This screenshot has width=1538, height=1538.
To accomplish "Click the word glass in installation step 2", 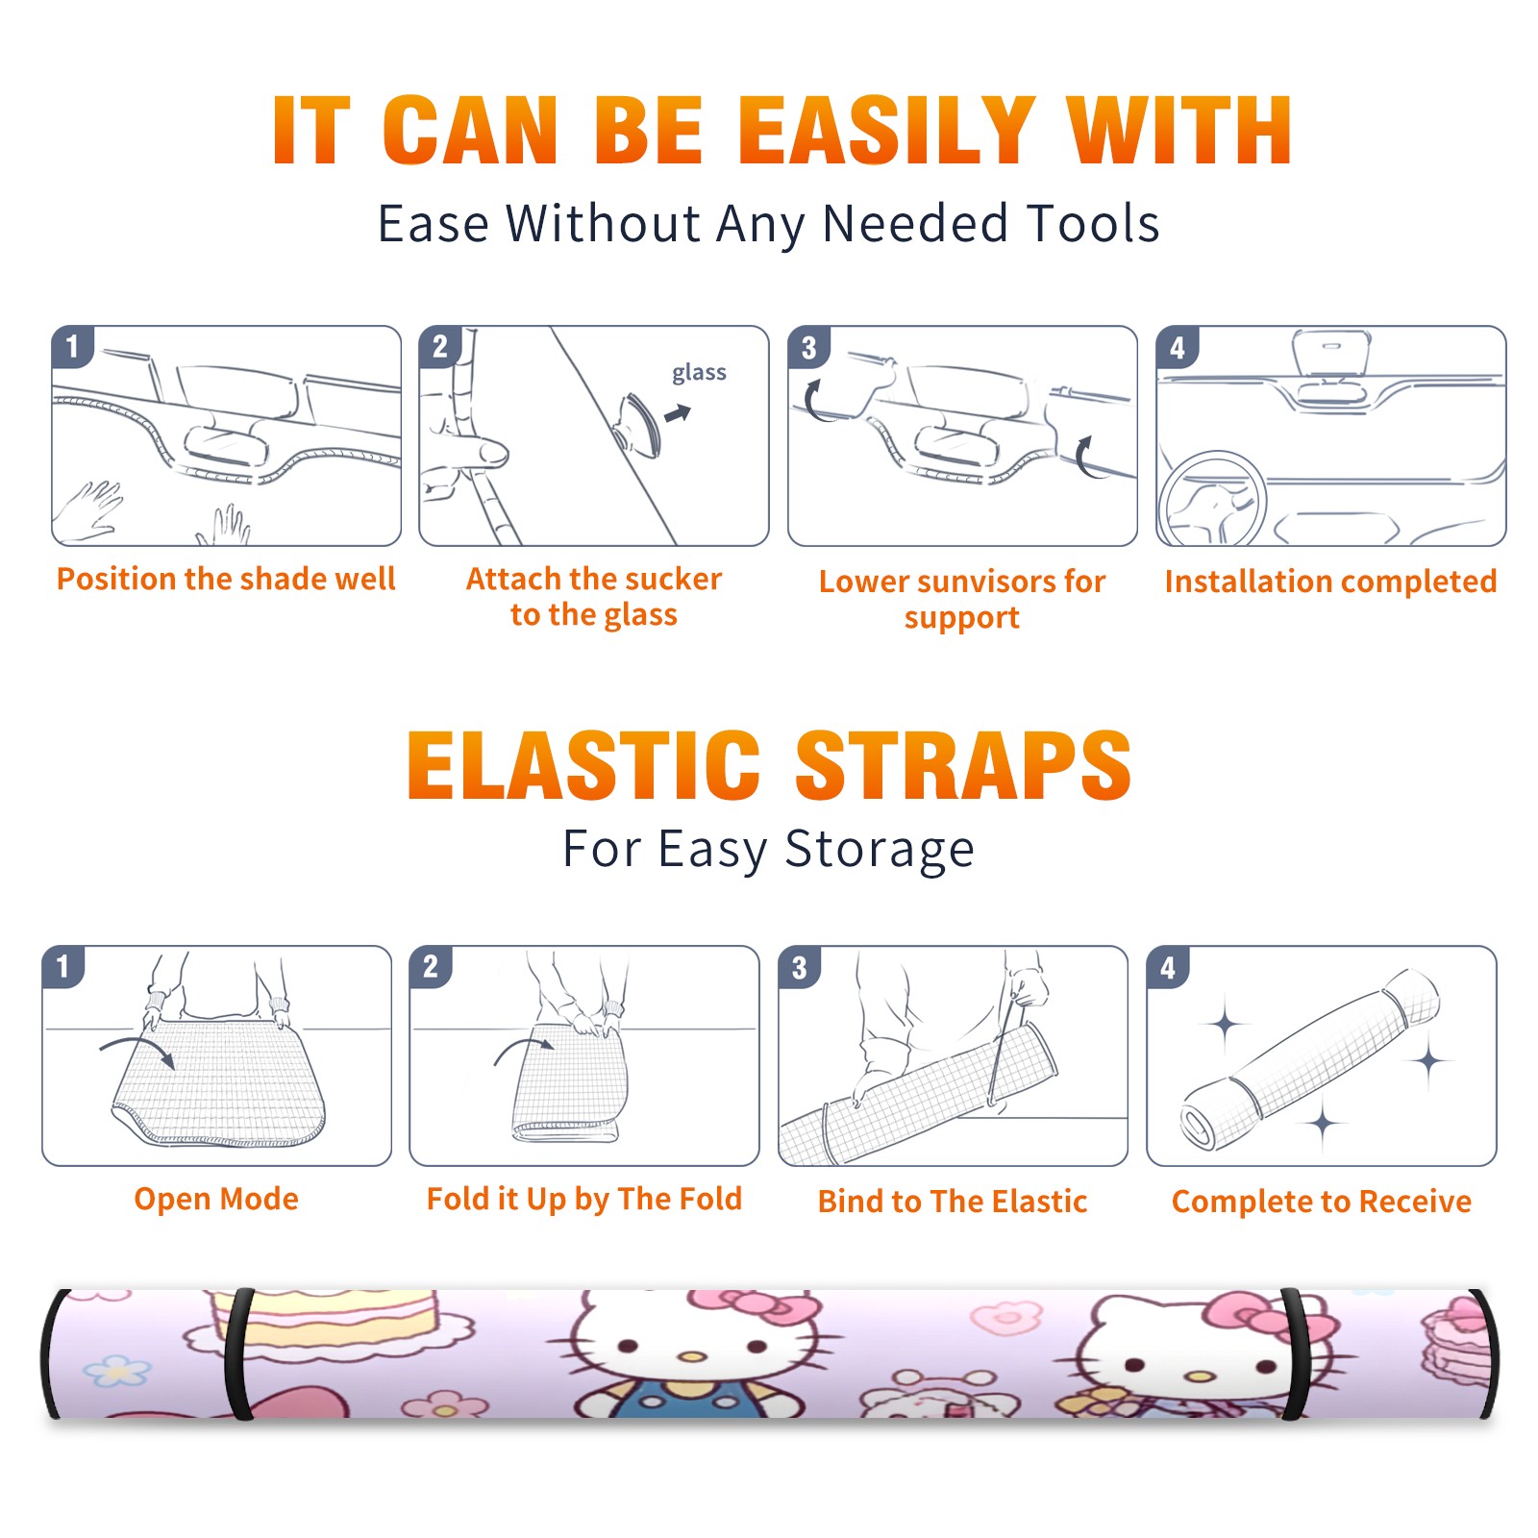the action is tap(699, 373).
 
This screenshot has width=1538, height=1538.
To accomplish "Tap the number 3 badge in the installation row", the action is tap(808, 347).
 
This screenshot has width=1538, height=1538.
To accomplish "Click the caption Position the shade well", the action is tap(226, 579).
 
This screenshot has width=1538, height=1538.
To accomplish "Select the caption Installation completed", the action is tap(1330, 582).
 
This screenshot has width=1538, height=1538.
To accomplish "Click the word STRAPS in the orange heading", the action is tap(963, 765).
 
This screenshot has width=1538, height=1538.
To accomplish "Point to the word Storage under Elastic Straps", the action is tap(880, 850).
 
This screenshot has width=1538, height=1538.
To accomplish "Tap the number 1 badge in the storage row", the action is tap(63, 966).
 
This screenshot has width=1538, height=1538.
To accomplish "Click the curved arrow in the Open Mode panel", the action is tap(137, 1050).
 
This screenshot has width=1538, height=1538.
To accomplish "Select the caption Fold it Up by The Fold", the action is tap(584, 1200).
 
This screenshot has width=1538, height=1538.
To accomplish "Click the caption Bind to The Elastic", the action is tap(953, 1202).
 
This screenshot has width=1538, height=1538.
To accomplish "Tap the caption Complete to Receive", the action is tap(1322, 1202).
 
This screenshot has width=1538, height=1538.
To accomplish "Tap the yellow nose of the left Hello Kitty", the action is tap(690, 1357).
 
